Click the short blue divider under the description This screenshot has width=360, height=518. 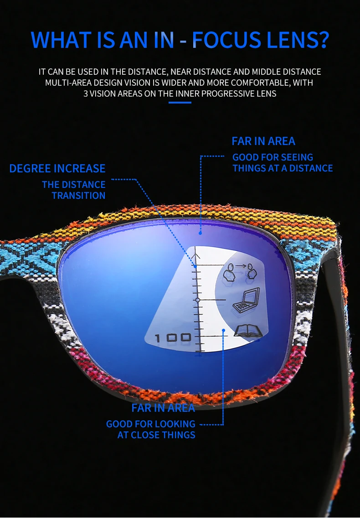[180, 103]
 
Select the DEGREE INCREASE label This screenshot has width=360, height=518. [57, 169]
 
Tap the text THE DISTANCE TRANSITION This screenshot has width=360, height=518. [74, 190]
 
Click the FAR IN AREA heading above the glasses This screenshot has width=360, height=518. [263, 141]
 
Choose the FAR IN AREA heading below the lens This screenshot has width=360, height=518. [163, 408]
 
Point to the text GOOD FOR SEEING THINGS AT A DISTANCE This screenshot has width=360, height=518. [283, 163]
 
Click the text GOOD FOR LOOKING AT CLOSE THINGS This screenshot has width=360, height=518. [151, 430]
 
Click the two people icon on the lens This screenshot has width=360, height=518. [240, 273]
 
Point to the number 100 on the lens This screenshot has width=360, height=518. [173, 338]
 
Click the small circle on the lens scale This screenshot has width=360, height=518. [198, 300]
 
